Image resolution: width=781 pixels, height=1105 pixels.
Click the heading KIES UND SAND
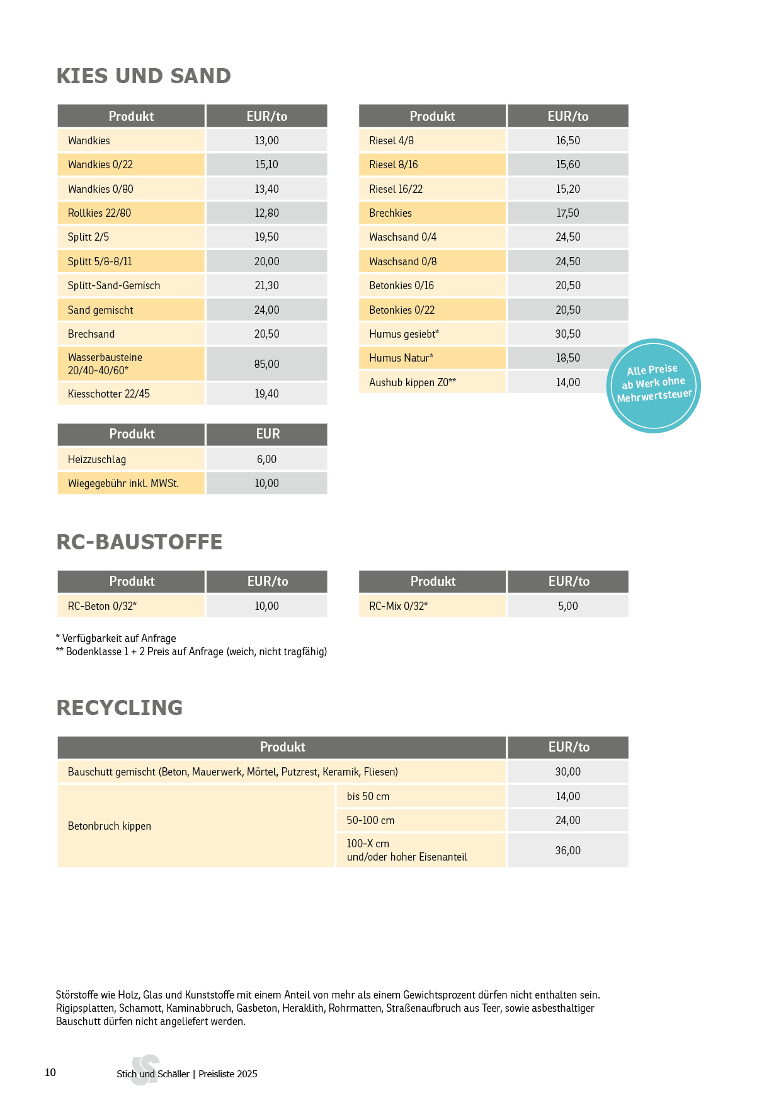[x=144, y=76]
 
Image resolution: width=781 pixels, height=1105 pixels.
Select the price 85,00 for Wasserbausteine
[x=266, y=364]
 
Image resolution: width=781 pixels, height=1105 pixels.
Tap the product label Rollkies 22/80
[x=100, y=213]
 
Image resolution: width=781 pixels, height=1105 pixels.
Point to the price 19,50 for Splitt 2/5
[x=266, y=237]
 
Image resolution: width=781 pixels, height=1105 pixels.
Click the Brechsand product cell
[x=91, y=334]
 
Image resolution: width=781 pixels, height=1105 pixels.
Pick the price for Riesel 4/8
[x=567, y=140]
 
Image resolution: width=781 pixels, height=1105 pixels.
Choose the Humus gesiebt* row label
[x=404, y=334]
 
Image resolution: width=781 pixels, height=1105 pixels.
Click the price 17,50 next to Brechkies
[x=567, y=213]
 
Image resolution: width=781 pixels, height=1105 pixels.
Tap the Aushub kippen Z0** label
[x=413, y=382]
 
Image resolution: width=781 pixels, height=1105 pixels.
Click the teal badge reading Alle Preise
[x=653, y=386]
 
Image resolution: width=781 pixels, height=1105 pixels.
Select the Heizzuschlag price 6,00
[x=266, y=459]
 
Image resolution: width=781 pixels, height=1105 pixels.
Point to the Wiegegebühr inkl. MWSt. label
[x=123, y=483]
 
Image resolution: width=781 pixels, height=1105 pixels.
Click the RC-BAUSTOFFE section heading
[x=139, y=542]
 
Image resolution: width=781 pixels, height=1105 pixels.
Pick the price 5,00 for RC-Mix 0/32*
[x=567, y=606]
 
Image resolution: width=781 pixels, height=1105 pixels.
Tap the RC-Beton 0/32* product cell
[x=102, y=606]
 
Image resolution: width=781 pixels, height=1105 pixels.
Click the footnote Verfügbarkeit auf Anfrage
[x=117, y=638]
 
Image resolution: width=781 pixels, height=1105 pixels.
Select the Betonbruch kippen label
[x=110, y=826]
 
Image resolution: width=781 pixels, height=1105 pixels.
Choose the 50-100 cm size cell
[x=370, y=820]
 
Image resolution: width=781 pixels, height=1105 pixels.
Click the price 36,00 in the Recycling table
[x=567, y=850]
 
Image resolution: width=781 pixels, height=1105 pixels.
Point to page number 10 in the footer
[x=50, y=1072]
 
